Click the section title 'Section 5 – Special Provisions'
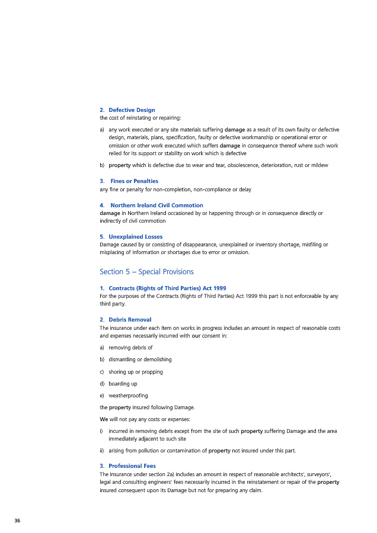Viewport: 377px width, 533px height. click(146, 272)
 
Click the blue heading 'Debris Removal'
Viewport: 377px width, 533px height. click(130, 319)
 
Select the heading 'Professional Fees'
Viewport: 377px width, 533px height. click(132, 465)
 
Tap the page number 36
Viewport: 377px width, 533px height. click(17, 520)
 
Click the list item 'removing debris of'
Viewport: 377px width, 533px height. click(130, 348)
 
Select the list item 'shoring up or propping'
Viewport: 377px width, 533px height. click(136, 372)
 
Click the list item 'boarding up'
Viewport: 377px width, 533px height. click(123, 384)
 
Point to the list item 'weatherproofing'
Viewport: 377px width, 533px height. click(128, 396)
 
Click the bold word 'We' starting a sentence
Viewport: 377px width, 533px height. click(104, 419)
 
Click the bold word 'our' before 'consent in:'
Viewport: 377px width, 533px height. click(196, 335)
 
